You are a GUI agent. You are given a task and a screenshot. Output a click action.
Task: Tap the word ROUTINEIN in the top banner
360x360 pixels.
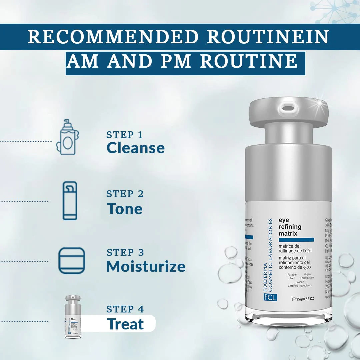[268, 37]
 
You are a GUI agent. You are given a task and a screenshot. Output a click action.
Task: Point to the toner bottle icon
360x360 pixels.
[70, 201]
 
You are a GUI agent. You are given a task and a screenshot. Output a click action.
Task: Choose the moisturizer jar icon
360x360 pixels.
[72, 261]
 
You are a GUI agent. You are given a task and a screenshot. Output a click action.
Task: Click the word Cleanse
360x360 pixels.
[136, 148]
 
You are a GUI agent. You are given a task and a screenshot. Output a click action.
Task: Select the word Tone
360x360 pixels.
[124, 209]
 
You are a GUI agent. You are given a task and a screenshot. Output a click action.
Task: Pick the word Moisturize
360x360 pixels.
[146, 266]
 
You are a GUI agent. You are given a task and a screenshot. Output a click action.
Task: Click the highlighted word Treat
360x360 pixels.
[125, 324]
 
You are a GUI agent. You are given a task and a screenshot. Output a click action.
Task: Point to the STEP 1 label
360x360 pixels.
[124, 135]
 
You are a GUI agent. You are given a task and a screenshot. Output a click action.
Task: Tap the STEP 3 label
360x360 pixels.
[125, 253]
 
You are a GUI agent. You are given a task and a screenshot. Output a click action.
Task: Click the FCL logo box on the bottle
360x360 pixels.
[269, 297]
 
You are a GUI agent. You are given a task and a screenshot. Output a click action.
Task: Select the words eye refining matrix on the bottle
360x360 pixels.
[290, 227]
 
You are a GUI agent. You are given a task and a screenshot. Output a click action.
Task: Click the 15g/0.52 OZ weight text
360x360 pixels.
[303, 299]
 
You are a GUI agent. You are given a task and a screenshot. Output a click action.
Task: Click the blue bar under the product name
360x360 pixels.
[296, 240]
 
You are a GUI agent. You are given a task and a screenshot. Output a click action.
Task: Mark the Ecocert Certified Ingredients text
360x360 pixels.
[300, 284]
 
